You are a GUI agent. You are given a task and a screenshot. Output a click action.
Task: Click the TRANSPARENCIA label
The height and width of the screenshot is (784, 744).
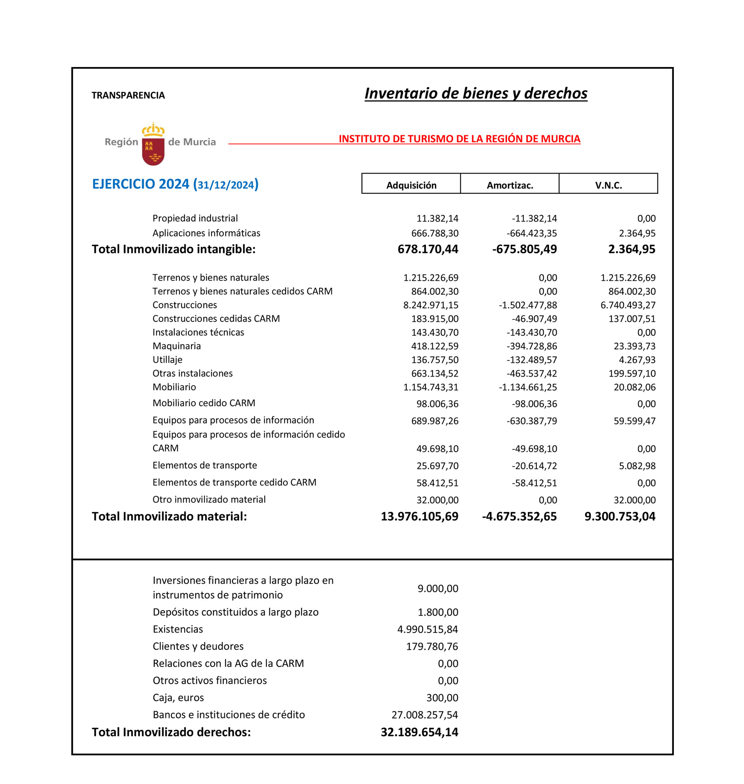(128, 96)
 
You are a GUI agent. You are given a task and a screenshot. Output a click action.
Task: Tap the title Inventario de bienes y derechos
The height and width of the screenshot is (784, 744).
(475, 93)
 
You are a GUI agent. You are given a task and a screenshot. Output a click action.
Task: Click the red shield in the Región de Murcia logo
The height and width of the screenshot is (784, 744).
(153, 151)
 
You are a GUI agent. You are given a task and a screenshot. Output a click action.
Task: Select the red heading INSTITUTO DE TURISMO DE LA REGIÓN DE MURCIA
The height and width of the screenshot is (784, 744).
(459, 139)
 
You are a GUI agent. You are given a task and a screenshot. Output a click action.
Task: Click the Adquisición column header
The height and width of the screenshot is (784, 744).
(411, 186)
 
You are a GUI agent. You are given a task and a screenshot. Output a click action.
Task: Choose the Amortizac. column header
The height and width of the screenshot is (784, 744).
(510, 186)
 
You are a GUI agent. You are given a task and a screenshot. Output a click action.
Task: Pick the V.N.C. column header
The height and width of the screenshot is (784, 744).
(608, 186)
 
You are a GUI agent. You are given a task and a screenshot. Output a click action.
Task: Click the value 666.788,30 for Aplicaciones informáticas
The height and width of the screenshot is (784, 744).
(435, 234)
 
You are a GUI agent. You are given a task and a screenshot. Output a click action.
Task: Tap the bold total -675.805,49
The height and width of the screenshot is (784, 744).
(524, 249)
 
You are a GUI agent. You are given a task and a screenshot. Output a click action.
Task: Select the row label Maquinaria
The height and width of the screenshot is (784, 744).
(176, 346)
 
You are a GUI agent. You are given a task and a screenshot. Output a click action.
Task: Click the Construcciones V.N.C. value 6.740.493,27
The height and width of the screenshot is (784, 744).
(628, 305)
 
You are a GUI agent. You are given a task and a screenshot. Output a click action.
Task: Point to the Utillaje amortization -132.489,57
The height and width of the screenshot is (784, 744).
(531, 360)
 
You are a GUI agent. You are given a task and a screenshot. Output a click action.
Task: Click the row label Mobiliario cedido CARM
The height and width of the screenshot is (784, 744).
(204, 403)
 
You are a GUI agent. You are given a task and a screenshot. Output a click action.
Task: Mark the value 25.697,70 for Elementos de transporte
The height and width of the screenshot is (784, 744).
(437, 466)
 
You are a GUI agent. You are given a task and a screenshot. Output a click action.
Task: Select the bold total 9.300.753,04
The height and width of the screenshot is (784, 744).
(620, 516)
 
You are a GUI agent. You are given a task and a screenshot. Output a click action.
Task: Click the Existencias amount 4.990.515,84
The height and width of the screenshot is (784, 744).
(427, 629)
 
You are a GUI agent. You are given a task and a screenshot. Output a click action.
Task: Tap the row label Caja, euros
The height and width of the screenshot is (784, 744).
(178, 698)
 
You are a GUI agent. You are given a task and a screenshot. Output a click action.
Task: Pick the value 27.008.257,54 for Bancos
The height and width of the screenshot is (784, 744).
(424, 715)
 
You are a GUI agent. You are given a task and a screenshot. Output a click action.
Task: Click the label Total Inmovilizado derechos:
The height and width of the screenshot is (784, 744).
(171, 732)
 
